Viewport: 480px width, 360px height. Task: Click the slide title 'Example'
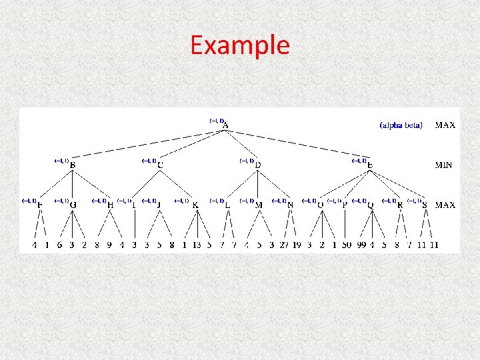[239, 45]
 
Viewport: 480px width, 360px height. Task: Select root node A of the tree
[226, 125]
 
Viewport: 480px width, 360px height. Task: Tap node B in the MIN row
[72, 165]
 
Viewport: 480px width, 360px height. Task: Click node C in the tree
[160, 165]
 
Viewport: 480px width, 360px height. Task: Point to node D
[258, 165]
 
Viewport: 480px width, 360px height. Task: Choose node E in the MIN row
[370, 165]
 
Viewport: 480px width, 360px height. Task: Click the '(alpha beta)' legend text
[401, 125]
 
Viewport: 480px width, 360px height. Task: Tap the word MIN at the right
[445, 165]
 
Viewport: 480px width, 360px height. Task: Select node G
[72, 205]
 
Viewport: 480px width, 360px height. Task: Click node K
[195, 205]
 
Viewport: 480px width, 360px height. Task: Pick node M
[259, 205]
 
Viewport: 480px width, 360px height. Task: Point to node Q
[370, 205]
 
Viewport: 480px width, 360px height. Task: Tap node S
[425, 205]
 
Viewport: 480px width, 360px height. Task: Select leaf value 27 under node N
[285, 245]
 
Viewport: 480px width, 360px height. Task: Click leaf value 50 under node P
[346, 245]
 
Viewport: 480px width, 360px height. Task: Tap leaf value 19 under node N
[297, 245]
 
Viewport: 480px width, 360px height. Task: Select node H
[110, 205]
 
